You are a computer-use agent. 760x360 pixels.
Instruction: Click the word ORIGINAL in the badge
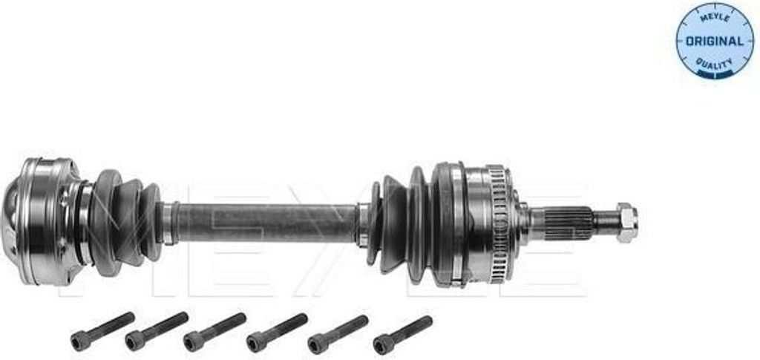click(715, 41)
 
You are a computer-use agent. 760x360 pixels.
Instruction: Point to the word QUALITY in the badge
click(715, 63)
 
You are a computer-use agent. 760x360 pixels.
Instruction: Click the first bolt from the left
click(102, 331)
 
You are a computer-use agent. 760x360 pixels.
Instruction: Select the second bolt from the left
click(157, 331)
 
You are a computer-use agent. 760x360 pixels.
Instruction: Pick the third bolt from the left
click(214, 332)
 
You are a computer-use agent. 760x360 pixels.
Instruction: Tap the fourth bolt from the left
click(277, 333)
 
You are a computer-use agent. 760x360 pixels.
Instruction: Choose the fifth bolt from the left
click(338, 334)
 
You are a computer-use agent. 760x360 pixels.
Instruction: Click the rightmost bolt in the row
click(403, 336)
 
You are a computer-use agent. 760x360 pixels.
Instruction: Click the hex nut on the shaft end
click(626, 223)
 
